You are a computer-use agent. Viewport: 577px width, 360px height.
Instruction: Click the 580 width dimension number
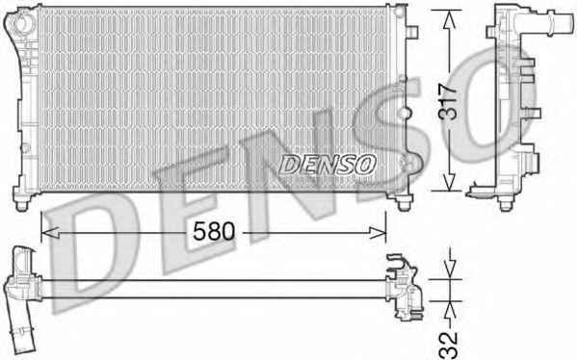click(x=214, y=231)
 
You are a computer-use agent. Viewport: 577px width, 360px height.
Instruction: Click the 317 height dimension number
click(x=448, y=102)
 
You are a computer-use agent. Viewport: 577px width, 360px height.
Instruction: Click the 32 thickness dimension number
click(x=449, y=346)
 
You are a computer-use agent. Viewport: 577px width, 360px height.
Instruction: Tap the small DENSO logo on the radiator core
click(x=328, y=164)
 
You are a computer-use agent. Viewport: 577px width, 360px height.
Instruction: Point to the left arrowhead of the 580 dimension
click(x=50, y=232)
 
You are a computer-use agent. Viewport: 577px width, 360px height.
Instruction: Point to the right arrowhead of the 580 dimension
click(x=378, y=232)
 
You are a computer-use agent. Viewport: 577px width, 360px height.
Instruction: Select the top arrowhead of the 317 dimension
click(x=449, y=20)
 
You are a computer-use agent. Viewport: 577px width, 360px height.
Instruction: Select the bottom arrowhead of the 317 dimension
click(x=449, y=182)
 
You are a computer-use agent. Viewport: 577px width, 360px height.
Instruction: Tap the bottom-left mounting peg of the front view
click(x=22, y=204)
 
